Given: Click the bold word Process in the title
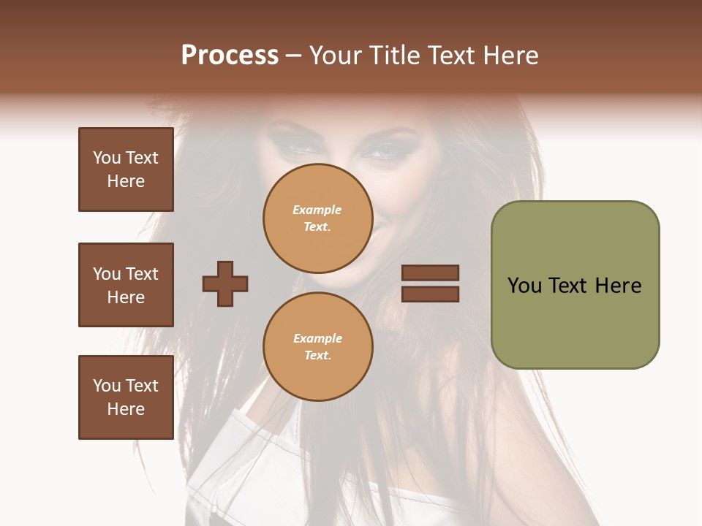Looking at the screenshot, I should [230, 56].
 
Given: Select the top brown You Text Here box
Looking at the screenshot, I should [126, 169].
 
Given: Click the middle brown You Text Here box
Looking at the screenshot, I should [126, 285].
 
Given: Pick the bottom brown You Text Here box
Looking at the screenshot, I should [126, 397].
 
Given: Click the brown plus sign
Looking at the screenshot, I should [225, 283].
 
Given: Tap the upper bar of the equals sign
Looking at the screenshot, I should [430, 272].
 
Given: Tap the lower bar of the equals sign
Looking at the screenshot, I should [430, 294].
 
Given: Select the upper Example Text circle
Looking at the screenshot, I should [317, 218].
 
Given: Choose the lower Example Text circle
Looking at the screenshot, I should [317, 346].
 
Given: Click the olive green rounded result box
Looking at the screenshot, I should [575, 285].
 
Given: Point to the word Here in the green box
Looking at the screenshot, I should [618, 286].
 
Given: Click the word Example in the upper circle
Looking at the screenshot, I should [317, 210].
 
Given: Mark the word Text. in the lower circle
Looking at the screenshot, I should [317, 355].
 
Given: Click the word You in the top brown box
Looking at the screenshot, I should [107, 158].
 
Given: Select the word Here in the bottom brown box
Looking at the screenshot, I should [126, 409].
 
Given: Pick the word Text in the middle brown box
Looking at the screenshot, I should [142, 274].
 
